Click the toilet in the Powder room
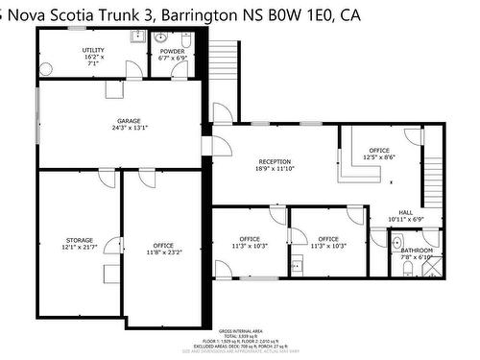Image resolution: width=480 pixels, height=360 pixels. [x=187, y=40]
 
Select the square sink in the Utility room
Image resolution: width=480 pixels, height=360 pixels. [x=136, y=38]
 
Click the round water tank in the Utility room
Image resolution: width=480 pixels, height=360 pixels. [x=49, y=67]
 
